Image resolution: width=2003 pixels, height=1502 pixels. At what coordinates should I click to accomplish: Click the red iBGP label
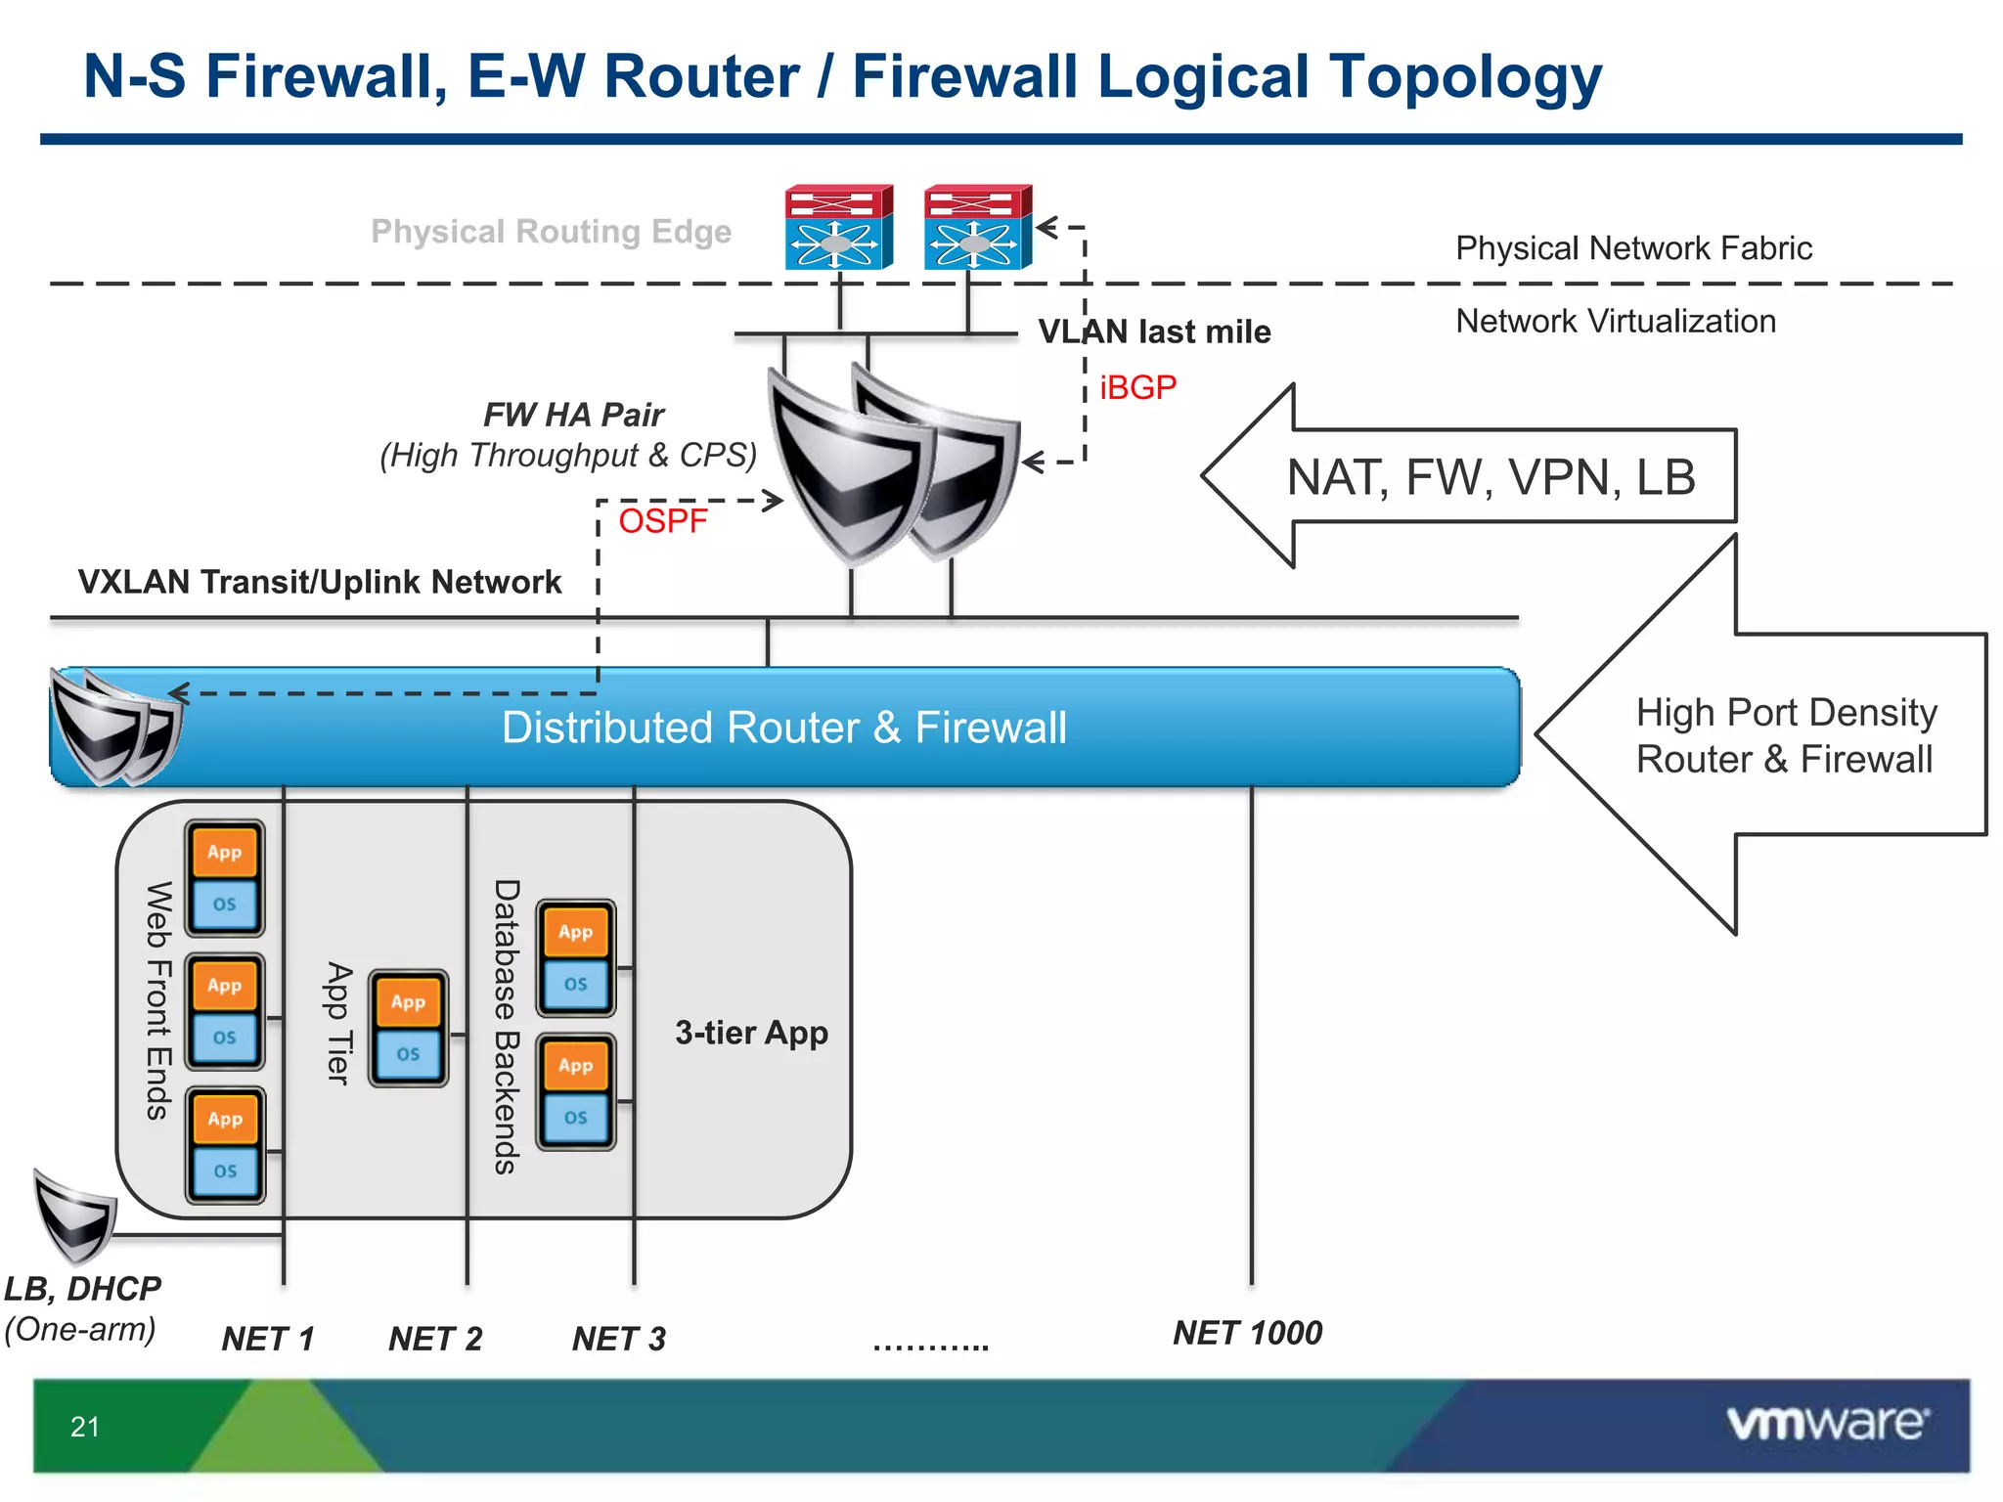1137,387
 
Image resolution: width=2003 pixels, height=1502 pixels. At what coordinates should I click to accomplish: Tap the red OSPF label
662,521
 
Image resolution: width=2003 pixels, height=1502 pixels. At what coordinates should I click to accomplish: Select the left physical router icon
838,227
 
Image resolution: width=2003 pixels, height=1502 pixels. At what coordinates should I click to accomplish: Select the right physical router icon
977,227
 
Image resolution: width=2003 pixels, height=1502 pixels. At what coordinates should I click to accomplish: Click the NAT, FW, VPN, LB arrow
1490,477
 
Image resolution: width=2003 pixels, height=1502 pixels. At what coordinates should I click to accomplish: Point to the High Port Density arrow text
1785,735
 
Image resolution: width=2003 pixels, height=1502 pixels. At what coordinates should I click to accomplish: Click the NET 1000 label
1247,1333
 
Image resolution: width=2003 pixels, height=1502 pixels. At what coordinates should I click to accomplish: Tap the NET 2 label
435,1339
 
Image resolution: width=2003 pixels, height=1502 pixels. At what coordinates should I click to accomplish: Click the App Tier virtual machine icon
409,1028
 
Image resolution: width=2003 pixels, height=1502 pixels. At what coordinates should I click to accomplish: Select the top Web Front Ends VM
225,878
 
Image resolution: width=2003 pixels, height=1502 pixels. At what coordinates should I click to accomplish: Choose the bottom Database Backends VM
576,1091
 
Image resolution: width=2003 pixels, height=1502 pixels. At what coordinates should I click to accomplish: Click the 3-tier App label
751,1033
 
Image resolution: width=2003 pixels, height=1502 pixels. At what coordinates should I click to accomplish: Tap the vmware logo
1827,1424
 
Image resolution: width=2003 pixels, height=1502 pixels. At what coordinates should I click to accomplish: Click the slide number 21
85,1427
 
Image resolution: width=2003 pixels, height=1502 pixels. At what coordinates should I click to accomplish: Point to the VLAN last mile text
1154,332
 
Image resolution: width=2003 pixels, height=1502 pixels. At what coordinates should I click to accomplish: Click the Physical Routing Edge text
551,232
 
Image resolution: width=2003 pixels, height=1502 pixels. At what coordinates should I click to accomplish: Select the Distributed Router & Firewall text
783,728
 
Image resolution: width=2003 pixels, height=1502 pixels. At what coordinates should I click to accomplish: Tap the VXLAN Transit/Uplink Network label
320,582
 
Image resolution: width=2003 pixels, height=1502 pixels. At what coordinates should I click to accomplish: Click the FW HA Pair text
574,415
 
